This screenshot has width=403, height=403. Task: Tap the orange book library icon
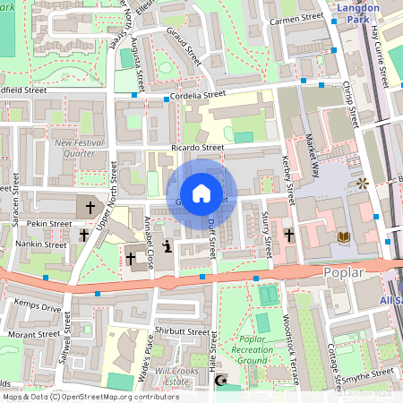pyautogui.click(x=344, y=237)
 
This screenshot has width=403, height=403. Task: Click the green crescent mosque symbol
pyautogui.click(x=221, y=382)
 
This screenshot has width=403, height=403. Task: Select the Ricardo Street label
pyautogui.click(x=198, y=148)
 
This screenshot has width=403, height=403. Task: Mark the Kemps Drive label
pyautogui.click(x=38, y=308)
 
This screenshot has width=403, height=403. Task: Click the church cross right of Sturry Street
pyautogui.click(x=289, y=235)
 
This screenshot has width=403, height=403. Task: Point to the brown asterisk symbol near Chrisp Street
pyautogui.click(x=363, y=184)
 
